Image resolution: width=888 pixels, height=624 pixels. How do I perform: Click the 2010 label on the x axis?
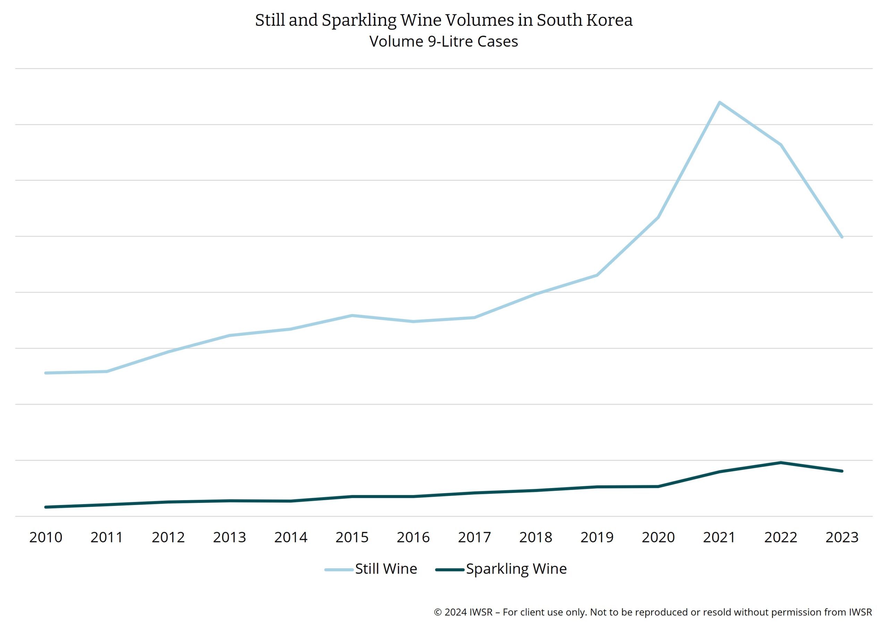(x=46, y=537)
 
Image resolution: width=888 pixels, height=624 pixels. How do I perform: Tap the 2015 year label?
(x=352, y=537)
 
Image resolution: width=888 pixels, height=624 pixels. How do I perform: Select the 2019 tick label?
(x=597, y=537)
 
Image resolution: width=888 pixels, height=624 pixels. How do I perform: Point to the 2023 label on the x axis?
(x=842, y=537)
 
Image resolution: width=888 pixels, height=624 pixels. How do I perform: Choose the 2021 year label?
(x=719, y=537)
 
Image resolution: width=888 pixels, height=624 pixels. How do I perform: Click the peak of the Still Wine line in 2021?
(x=719, y=103)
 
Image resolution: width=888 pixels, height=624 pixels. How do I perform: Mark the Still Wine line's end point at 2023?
(x=842, y=237)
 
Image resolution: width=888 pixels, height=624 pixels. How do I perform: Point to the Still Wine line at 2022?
(x=780, y=145)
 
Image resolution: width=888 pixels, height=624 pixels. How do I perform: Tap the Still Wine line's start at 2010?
(x=46, y=373)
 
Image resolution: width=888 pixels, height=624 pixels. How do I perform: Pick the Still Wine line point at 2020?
(x=658, y=217)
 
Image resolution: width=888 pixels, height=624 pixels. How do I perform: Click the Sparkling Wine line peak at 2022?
(x=780, y=463)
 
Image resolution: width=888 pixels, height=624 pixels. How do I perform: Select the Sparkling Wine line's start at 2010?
(x=46, y=507)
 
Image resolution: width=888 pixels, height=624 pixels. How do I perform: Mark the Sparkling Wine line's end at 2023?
(x=842, y=471)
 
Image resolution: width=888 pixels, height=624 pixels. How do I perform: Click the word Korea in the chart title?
(x=609, y=20)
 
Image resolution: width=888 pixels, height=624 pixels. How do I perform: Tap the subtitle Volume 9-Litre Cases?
(x=444, y=41)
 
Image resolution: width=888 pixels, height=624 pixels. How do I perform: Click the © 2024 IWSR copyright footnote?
(x=653, y=612)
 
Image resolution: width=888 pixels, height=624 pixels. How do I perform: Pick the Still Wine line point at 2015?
(x=352, y=316)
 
